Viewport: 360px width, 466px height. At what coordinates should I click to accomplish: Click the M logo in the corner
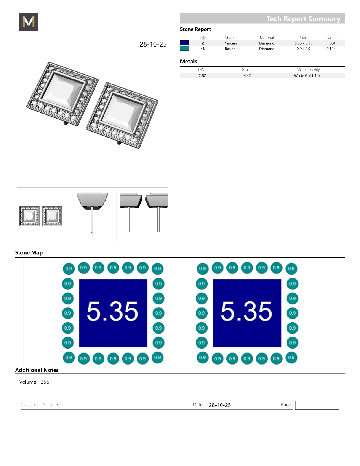click(29, 22)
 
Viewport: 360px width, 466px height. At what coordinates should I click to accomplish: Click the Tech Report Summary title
click(303, 19)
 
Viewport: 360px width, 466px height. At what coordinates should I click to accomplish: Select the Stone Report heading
click(195, 29)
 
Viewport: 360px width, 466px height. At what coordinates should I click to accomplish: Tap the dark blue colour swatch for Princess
click(184, 43)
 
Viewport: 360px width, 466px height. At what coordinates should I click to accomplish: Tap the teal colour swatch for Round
click(184, 49)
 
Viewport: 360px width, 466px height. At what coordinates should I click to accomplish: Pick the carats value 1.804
click(331, 43)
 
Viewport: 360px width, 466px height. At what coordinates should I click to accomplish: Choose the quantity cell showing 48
click(203, 49)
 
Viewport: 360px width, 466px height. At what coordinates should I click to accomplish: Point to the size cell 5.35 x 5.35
click(303, 43)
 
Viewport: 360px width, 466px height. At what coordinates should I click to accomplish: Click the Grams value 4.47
click(247, 75)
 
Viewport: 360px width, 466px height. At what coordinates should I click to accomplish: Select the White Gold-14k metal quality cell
click(307, 75)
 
